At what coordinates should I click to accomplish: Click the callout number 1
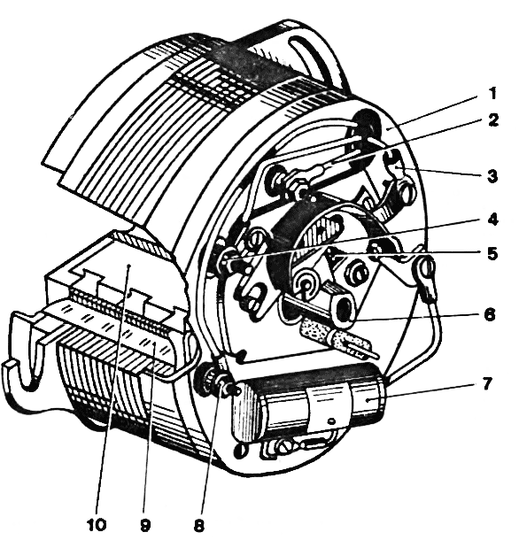[x=492, y=94]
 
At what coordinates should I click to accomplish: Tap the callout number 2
[x=493, y=120]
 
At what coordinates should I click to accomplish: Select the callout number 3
[x=492, y=176]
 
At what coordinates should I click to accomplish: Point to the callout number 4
[x=492, y=220]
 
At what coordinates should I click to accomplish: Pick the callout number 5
[x=492, y=254]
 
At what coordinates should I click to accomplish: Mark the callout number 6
[x=490, y=314]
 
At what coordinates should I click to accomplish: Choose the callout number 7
[x=486, y=383]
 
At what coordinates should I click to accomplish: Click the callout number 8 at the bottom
[x=199, y=525]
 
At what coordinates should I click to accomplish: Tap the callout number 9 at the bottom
[x=145, y=525]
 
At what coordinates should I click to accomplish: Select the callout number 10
[x=97, y=525]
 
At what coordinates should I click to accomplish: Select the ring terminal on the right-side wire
[x=427, y=266]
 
